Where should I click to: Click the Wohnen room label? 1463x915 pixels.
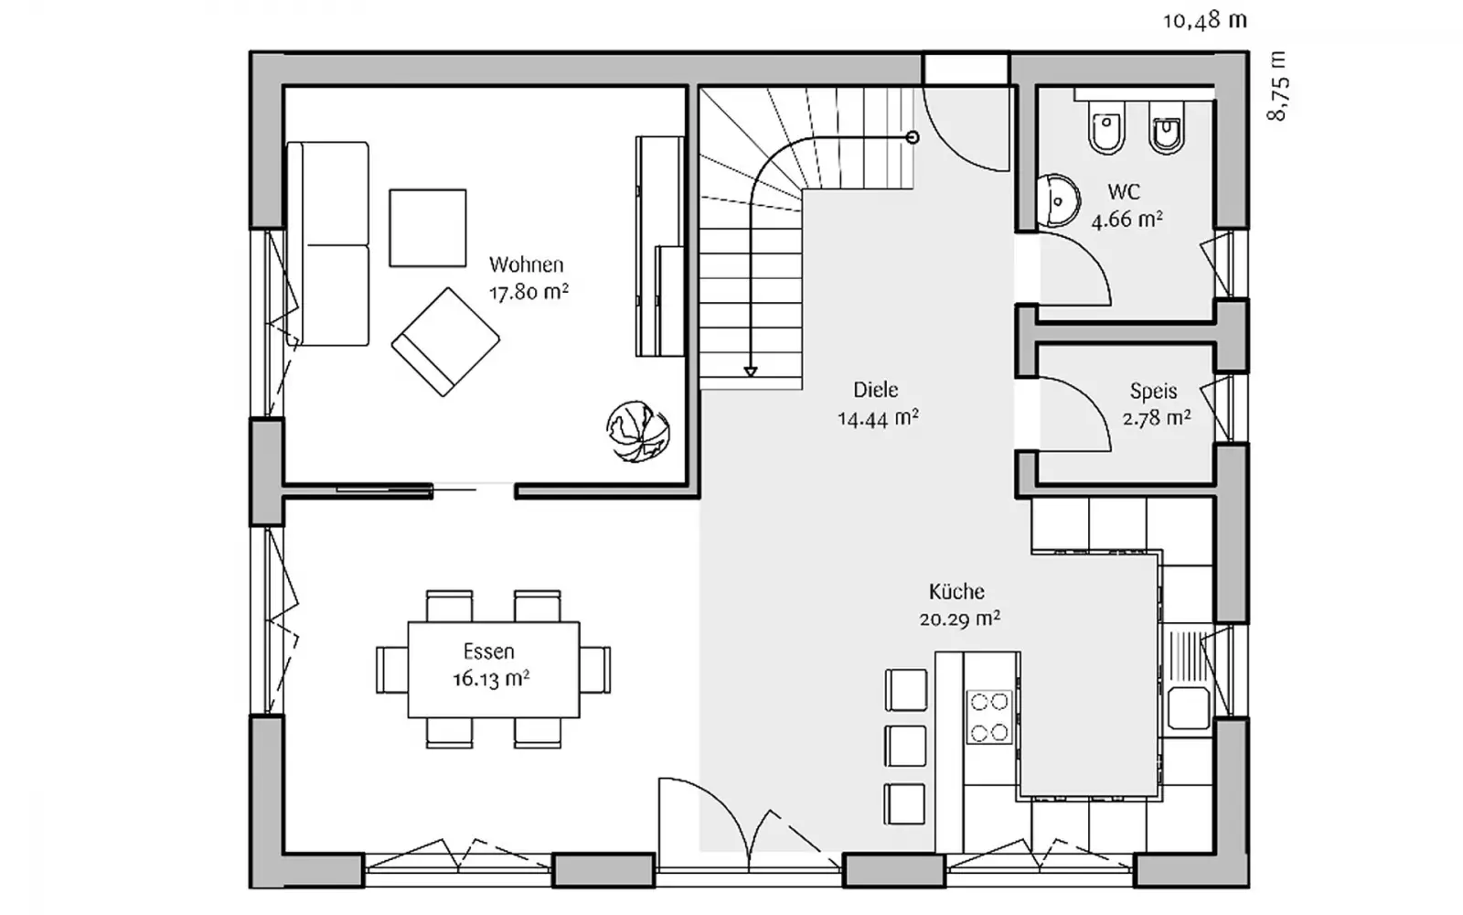(x=527, y=264)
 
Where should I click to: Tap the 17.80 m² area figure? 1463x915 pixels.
(x=529, y=291)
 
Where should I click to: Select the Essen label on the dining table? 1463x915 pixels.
(x=489, y=651)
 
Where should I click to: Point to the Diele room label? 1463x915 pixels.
(x=876, y=390)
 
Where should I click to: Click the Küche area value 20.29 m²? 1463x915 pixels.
(x=959, y=619)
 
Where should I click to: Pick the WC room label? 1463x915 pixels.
(x=1124, y=192)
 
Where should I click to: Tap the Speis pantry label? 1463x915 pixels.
(x=1153, y=391)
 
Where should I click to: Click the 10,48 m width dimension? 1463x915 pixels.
(x=1205, y=21)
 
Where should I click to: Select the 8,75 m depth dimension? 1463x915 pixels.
(x=1278, y=86)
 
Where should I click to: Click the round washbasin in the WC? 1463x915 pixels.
(x=1058, y=200)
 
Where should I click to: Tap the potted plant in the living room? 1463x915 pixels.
(x=637, y=432)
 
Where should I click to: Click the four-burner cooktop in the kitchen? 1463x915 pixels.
(x=988, y=717)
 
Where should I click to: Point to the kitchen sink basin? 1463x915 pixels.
(x=1189, y=707)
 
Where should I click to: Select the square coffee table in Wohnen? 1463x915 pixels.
(x=428, y=228)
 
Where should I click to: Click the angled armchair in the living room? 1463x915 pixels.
(x=445, y=342)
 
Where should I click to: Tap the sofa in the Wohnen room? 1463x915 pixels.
(x=328, y=243)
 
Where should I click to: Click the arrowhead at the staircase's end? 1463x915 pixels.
(x=751, y=371)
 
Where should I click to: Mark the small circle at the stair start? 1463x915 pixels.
(x=913, y=137)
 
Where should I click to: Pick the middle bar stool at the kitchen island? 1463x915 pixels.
(x=905, y=746)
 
